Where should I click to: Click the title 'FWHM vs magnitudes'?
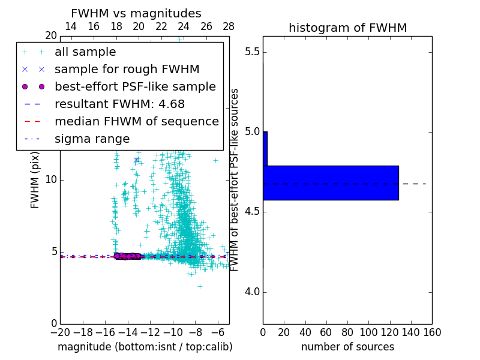tap(136, 13)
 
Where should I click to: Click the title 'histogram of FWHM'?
tap(347, 28)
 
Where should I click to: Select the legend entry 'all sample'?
tap(85, 52)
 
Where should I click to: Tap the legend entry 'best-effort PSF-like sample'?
tap(135, 86)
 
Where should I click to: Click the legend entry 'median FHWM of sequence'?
tap(136, 121)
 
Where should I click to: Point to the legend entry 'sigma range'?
tap(92, 139)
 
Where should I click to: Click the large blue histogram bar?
tap(331, 182)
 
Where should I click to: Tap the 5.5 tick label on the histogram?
tap(252, 52)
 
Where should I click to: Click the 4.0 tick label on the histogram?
tap(252, 292)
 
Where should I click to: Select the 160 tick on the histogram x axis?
tap(432, 332)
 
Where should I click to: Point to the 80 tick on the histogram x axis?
tap(347, 332)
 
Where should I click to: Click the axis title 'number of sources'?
tap(347, 347)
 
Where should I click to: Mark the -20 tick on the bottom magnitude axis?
tap(60, 332)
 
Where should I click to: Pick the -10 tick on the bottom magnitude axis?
tap(173, 332)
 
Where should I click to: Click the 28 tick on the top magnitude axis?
tap(229, 26)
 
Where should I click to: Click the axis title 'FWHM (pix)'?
tap(35, 179)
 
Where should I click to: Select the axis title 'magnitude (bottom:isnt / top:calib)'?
tap(145, 347)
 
